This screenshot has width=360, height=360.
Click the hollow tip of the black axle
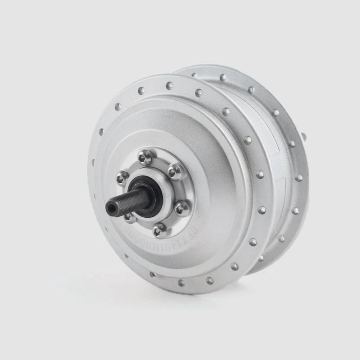110,208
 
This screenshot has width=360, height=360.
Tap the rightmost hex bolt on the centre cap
182,208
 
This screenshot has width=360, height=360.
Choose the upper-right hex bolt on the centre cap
175,171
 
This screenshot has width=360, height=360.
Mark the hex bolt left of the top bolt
122,178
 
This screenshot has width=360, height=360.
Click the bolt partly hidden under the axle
130,217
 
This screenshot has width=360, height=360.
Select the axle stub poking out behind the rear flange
304,136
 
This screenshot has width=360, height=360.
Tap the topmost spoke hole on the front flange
170,85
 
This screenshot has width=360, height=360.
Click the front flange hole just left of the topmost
141,91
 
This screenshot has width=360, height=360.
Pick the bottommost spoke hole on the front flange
181,283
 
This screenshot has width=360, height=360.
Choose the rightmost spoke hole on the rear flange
298,178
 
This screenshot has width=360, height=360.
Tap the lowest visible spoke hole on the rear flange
261,258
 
